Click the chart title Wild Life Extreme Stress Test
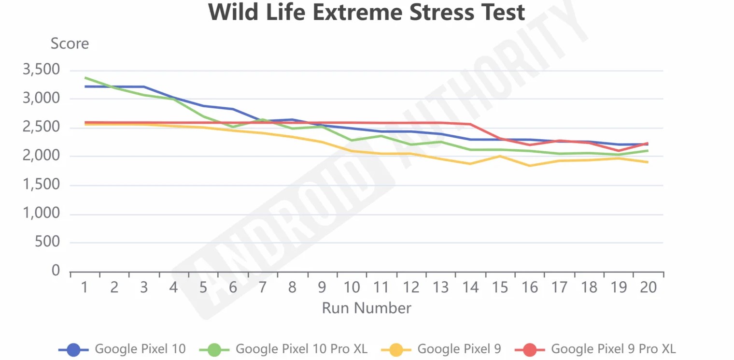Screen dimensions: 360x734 point(367,13)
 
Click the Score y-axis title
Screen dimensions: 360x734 point(70,44)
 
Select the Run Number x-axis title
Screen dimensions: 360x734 point(367,308)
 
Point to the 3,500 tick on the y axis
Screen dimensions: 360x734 point(41,70)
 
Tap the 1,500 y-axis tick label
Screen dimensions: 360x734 point(41,185)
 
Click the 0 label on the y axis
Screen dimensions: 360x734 point(56,271)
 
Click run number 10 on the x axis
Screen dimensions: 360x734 point(352,288)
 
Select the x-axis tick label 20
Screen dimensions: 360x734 point(648,288)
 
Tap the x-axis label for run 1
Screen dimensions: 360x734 point(85,288)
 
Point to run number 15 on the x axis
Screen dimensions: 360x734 point(500,288)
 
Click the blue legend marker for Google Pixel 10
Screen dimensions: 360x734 point(73,349)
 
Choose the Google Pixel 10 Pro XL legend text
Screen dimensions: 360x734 point(301,349)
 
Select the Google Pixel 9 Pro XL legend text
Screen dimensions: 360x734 point(613,349)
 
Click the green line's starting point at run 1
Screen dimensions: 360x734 point(85,77)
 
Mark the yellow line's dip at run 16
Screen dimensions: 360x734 point(530,166)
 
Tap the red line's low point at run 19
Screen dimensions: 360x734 point(619,151)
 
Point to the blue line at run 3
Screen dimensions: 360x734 point(144,86)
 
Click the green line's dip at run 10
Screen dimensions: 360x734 point(352,141)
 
